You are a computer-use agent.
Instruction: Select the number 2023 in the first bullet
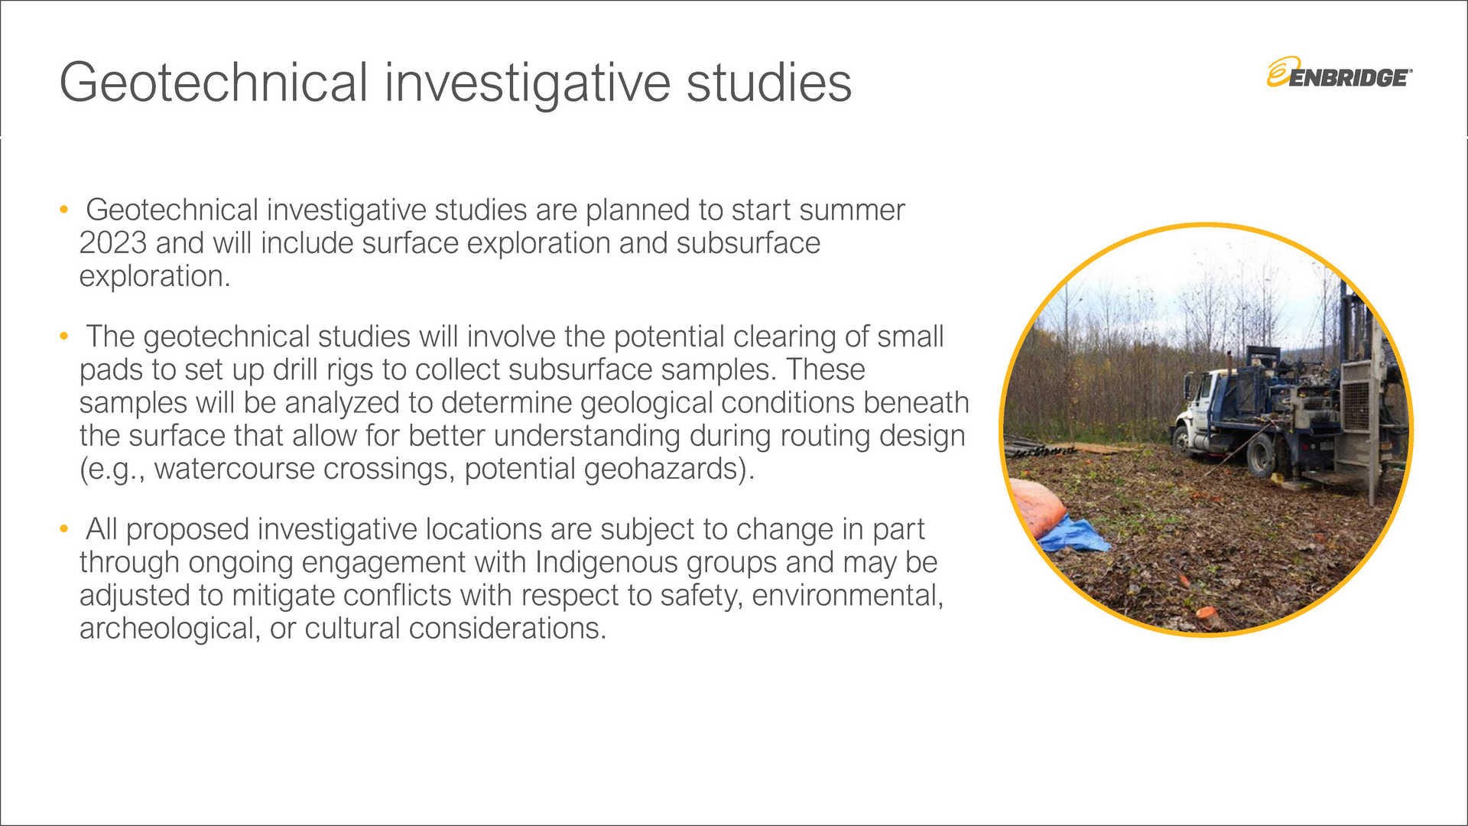113,243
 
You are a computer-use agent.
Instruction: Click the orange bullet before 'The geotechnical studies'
64,336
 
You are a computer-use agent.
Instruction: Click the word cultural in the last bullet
352,629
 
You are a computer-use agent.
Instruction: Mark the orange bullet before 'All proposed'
64,528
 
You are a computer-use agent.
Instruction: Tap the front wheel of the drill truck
1184,441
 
